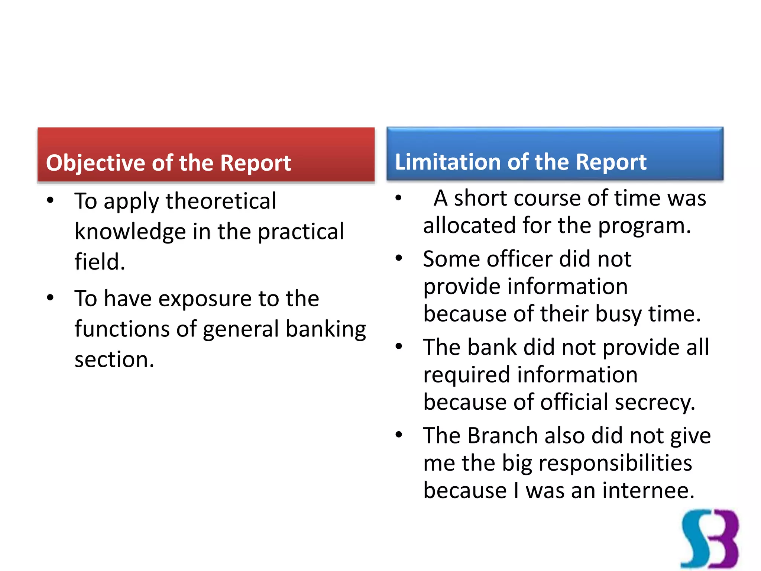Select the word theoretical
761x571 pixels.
click(221, 201)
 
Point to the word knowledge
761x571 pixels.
click(130, 232)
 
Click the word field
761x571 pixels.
click(99, 262)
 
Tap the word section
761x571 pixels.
click(114, 360)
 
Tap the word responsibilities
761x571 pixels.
click(615, 463)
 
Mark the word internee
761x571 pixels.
click(648, 491)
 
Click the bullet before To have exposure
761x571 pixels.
click(51, 298)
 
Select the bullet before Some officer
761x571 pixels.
click(399, 258)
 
